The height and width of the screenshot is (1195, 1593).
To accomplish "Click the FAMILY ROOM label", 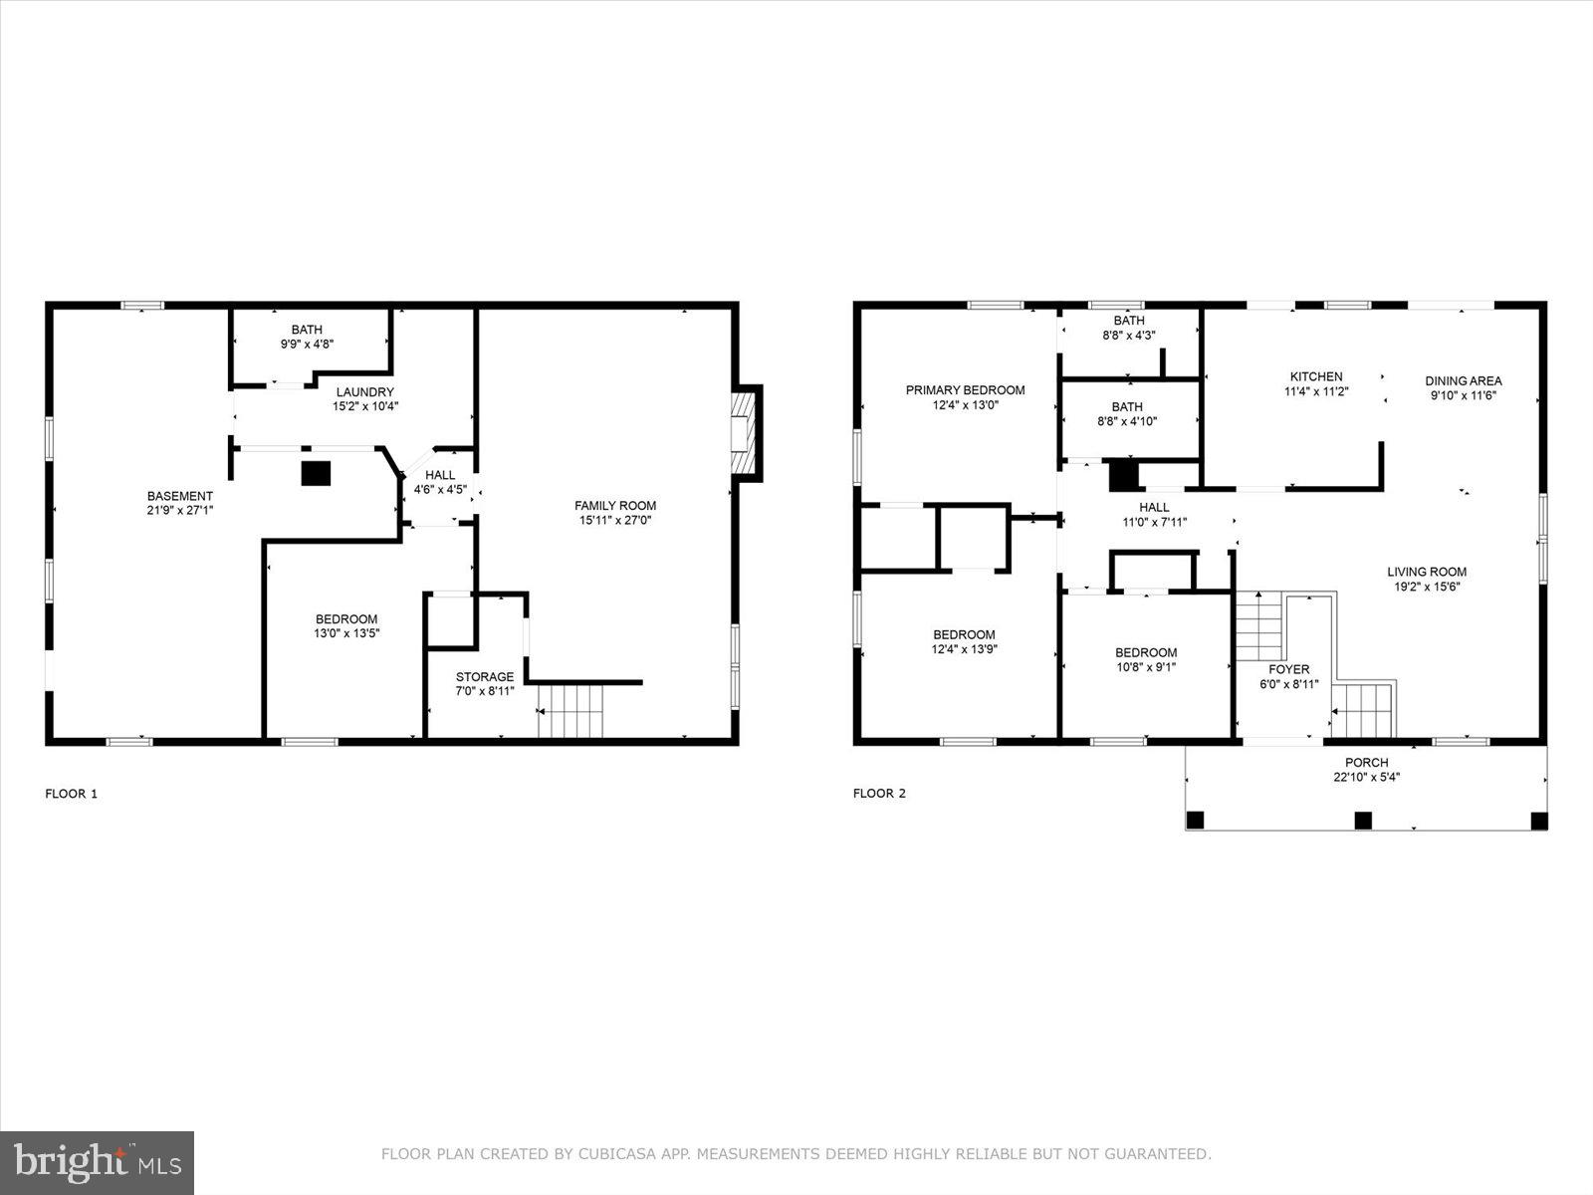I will [615, 505].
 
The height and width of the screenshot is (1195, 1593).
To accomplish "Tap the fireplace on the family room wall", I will [745, 433].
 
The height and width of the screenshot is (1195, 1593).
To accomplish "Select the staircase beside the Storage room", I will [571, 711].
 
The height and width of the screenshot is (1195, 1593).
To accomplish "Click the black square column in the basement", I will [316, 472].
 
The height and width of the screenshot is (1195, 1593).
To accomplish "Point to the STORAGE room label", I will [485, 676].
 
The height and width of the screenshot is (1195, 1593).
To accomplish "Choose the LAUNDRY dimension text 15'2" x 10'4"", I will [364, 406].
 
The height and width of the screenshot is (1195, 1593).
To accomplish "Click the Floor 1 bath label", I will [307, 330].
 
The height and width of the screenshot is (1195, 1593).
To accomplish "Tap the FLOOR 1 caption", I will [72, 794].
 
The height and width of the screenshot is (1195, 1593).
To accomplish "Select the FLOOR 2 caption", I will [879, 794].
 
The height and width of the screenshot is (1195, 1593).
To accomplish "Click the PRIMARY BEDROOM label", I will [965, 390].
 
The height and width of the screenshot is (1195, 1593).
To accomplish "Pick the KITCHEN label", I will [1316, 376].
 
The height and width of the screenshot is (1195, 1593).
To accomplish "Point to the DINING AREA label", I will [1463, 380].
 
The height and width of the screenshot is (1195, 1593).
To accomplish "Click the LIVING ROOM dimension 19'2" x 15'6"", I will [1427, 587].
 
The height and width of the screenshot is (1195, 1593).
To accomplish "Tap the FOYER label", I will [1288, 669].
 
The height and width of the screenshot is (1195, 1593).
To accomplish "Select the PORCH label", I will [1366, 763].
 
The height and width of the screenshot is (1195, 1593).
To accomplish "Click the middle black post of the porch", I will [1363, 821].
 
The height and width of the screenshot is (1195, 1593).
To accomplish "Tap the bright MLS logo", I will [98, 1162].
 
